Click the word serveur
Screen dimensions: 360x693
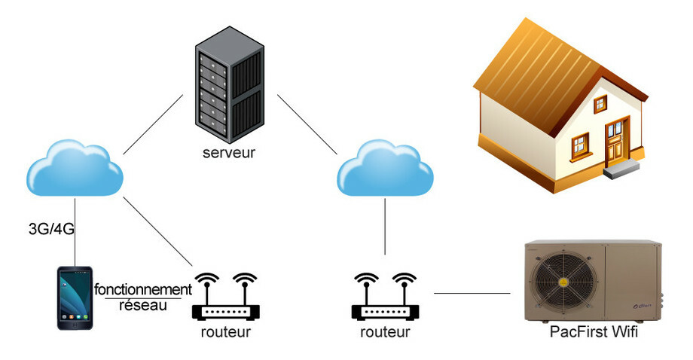(229, 153)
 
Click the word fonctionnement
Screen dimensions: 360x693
(142, 289)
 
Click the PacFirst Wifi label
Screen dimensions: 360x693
(596, 331)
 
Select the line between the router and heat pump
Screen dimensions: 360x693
(472, 293)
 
